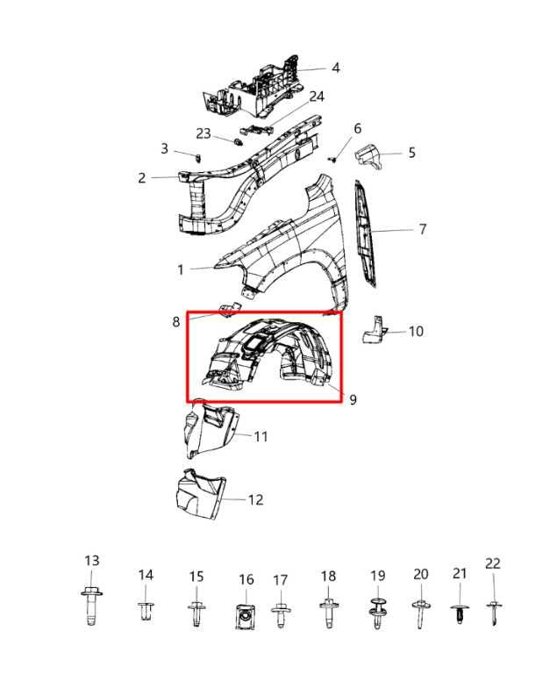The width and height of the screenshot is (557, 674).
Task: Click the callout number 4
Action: pyautogui.click(x=336, y=68)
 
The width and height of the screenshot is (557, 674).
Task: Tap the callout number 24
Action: pyautogui.click(x=317, y=97)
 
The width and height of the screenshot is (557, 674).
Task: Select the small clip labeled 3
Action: pyautogui.click(x=198, y=158)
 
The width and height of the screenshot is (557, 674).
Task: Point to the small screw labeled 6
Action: pyautogui.click(x=332, y=160)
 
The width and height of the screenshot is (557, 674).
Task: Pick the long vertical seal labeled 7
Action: pyautogui.click(x=365, y=234)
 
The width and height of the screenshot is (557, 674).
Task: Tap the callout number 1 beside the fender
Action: pyautogui.click(x=181, y=269)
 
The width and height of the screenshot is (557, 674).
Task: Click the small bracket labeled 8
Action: pyautogui.click(x=230, y=310)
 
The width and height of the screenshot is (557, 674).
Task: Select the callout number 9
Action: pyautogui.click(x=353, y=400)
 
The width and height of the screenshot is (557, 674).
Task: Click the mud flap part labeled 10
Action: pyautogui.click(x=374, y=330)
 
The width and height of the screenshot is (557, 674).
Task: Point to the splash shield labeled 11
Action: pyautogui.click(x=209, y=429)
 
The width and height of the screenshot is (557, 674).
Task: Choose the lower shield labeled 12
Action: pyautogui.click(x=200, y=493)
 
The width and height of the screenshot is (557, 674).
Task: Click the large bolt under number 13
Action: pyautogui.click(x=91, y=606)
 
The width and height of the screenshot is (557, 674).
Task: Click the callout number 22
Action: pyautogui.click(x=493, y=563)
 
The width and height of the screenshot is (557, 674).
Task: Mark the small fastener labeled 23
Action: pyautogui.click(x=238, y=141)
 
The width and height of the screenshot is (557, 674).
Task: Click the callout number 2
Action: pyautogui.click(x=142, y=178)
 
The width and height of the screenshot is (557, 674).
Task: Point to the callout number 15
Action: pyautogui.click(x=196, y=577)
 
